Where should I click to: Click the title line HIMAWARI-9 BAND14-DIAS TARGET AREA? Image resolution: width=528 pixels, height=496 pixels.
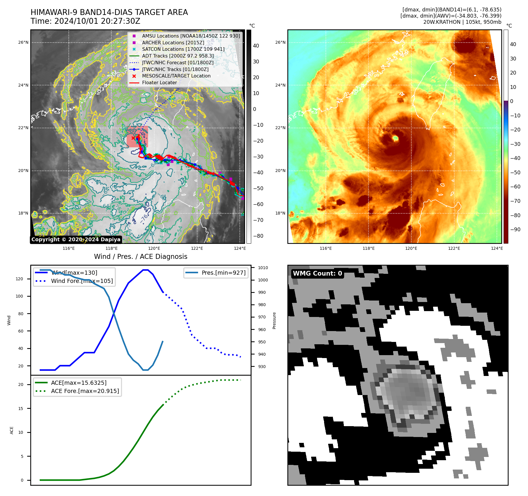pos(109,12)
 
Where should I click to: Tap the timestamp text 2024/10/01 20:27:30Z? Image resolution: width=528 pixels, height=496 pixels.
pos(97,21)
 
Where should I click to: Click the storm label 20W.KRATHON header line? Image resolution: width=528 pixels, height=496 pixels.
pos(462,22)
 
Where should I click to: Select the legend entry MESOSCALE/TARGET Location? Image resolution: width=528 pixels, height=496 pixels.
pos(176,76)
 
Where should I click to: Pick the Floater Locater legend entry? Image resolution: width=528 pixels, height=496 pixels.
pos(159,83)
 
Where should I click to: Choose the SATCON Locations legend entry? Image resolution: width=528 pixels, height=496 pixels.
pos(183,49)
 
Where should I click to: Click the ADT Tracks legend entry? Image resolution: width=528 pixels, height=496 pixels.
pos(178,56)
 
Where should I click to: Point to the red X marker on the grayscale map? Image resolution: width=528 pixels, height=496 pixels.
pos(133,138)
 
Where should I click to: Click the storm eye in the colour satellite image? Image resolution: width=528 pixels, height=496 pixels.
pos(395,138)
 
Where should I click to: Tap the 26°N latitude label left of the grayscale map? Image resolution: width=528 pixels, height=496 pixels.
pos(23,43)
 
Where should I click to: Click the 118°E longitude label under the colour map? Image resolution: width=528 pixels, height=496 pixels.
pos(368,249)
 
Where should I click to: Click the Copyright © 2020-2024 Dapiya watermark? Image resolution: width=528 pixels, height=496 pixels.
pos(76,239)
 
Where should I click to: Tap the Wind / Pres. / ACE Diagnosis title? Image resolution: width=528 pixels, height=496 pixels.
pos(140,257)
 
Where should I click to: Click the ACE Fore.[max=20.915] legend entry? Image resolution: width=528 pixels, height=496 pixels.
pos(85,391)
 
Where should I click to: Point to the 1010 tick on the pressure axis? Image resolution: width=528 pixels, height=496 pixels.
pos(263,268)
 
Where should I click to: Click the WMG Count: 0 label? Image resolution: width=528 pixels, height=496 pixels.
pos(317,274)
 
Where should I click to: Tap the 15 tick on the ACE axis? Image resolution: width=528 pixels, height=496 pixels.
pos(21,409)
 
